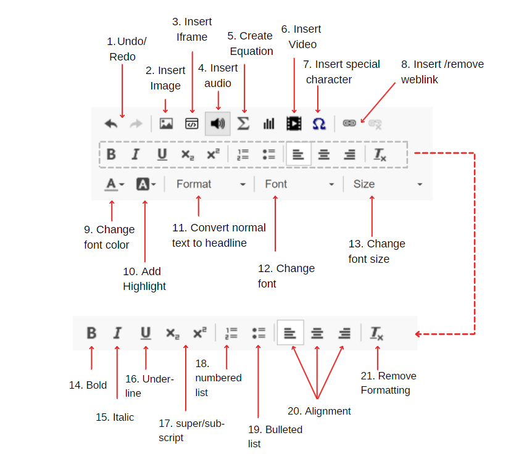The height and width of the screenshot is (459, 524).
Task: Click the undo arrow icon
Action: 111,123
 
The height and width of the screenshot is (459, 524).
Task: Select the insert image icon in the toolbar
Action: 166,123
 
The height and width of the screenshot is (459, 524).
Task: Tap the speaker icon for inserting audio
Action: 218,123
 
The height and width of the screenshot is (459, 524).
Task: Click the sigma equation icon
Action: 243,123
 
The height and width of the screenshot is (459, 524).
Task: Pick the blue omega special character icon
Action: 318,123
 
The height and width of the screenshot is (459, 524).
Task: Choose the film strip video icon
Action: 294,123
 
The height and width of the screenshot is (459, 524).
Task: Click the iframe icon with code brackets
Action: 192,123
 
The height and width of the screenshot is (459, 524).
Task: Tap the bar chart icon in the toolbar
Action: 268,123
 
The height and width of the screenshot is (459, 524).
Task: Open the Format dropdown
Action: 210,184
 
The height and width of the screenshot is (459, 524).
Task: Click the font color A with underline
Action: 114,184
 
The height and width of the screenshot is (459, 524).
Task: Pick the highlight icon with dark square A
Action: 146,184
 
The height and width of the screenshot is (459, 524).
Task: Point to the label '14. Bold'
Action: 88,385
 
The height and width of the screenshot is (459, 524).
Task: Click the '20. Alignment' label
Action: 319,411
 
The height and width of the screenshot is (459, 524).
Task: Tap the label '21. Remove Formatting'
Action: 388,383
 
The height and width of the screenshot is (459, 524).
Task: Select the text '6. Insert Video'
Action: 301,37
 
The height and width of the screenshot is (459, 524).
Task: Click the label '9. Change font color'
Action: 109,237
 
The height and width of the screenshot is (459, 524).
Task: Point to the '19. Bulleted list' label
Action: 275,436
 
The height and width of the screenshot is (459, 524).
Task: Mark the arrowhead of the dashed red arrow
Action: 418,334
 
